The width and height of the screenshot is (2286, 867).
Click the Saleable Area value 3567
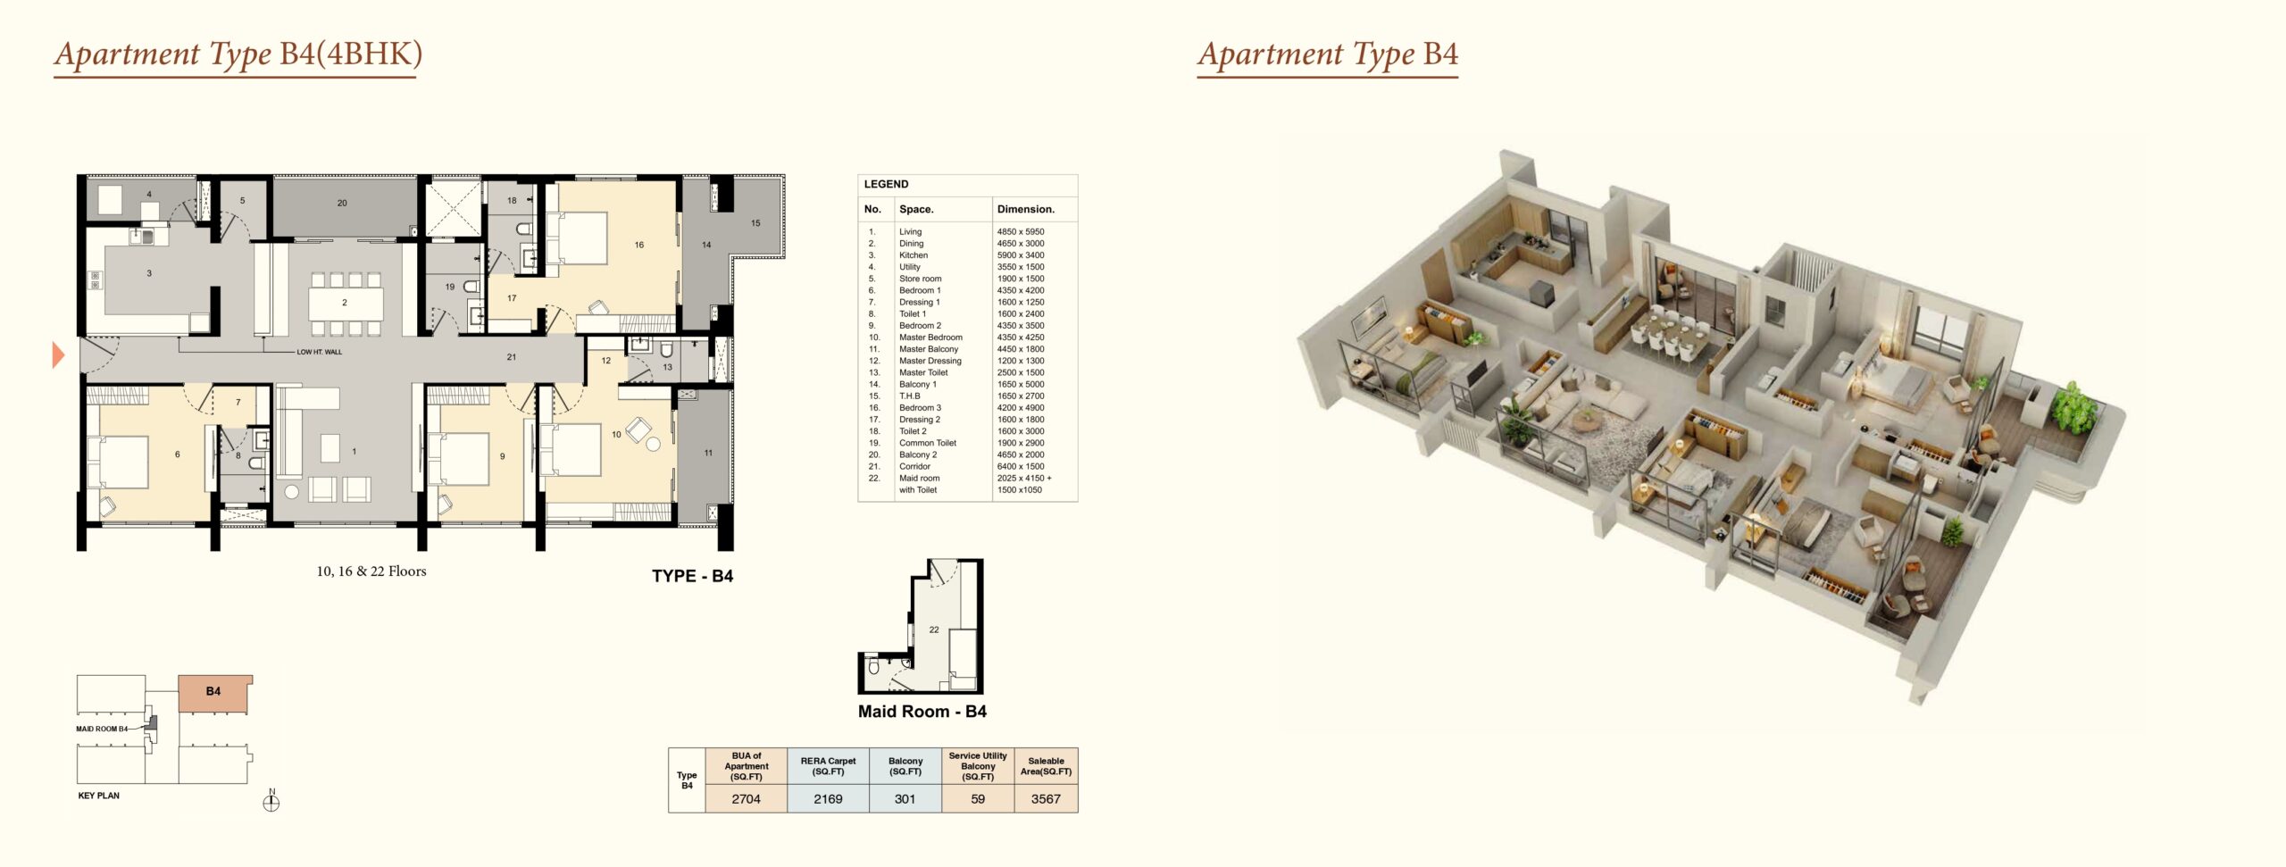[x=1046, y=799]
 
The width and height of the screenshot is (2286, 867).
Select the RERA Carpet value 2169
[x=828, y=799]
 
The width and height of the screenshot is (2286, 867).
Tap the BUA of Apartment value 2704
[x=746, y=799]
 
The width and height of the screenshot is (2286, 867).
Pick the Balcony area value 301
[x=905, y=799]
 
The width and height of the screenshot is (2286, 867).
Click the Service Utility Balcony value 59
[x=978, y=799]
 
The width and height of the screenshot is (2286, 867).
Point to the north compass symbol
[x=271, y=801]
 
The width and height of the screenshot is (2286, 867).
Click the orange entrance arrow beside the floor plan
[x=59, y=355]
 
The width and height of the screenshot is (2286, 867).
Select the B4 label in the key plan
[x=213, y=691]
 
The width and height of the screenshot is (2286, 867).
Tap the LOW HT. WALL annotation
[x=320, y=352]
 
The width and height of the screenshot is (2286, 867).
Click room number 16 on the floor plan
[x=639, y=245]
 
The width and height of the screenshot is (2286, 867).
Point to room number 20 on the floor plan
[x=342, y=204]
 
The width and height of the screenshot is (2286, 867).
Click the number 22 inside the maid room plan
[x=934, y=629]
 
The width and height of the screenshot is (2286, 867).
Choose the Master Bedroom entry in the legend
[x=930, y=338]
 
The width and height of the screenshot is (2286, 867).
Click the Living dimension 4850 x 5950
[x=1021, y=231]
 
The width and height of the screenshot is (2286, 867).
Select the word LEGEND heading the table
[x=886, y=184]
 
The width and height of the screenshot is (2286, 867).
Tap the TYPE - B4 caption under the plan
[x=692, y=576]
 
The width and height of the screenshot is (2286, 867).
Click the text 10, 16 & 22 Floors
[x=371, y=571]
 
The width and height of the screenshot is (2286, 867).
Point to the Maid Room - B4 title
[x=922, y=712]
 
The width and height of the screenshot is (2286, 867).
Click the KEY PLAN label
[x=98, y=796]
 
